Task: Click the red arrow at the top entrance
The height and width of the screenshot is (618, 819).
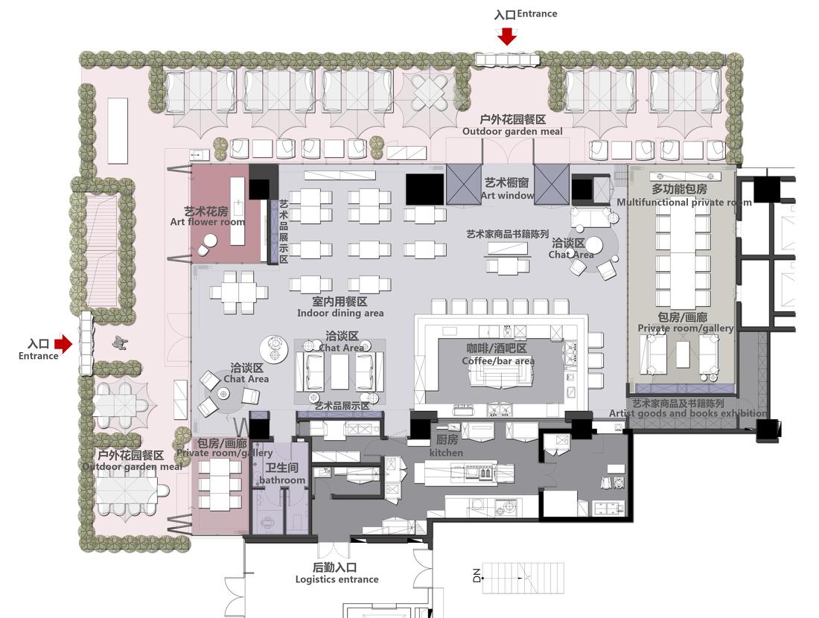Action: click(507, 35)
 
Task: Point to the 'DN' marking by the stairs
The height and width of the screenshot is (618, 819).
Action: click(477, 576)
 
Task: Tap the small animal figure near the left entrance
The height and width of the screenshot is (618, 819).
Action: click(119, 343)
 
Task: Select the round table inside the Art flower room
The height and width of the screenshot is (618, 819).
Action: click(210, 240)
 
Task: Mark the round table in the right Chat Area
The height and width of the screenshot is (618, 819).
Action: click(594, 245)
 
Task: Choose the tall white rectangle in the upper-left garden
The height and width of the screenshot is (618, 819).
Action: click(118, 130)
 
